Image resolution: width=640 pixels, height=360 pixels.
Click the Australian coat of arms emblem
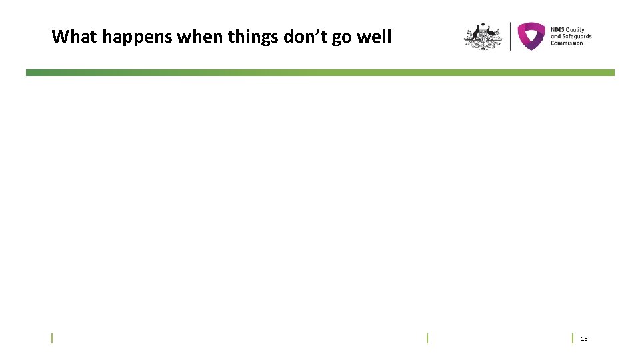483,37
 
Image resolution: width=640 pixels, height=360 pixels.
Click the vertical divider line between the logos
510,36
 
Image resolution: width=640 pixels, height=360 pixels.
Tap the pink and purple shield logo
531,36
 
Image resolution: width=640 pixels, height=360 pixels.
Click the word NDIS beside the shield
557,29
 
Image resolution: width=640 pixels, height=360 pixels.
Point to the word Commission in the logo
567,43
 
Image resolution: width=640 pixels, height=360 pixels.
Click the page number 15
584,339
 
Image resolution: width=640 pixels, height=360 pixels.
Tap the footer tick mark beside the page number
573,338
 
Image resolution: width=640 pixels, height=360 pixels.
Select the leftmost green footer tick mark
53,338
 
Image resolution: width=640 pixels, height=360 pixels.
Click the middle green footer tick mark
427,338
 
